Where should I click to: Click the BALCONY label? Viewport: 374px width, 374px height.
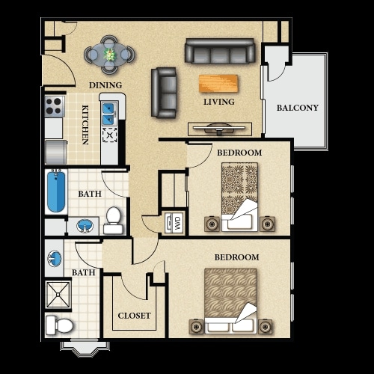297,108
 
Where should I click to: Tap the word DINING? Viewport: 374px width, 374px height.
105,85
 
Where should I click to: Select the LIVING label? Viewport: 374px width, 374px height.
218,102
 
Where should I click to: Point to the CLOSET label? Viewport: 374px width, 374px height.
134,316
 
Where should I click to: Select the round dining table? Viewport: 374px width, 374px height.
109,54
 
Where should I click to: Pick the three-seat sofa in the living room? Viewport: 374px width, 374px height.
221,51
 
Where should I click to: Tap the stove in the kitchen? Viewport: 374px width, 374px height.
55,105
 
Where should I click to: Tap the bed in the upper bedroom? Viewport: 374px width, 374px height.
239,197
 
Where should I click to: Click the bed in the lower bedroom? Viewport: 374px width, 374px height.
230,301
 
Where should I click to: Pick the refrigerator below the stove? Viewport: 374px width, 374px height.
55,151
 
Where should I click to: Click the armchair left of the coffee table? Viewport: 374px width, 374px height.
164,92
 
